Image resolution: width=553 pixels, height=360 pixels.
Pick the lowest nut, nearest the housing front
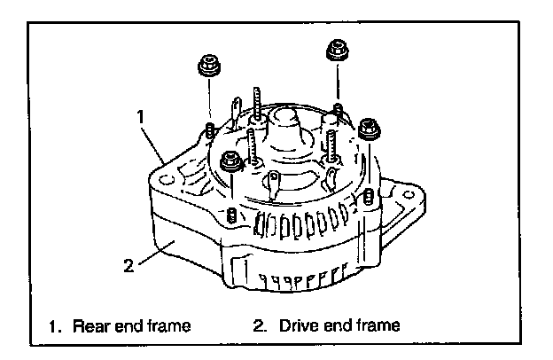point(230,161)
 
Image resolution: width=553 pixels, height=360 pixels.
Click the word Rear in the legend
point(90,325)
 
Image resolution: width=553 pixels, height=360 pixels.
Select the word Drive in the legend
point(296,325)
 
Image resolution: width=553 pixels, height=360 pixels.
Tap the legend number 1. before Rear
point(57,325)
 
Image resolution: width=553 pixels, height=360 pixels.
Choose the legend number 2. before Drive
point(259,325)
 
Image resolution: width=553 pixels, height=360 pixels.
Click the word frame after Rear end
point(167,325)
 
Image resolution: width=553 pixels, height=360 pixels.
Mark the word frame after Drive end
point(378,325)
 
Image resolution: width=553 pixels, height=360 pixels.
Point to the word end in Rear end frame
point(126,325)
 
